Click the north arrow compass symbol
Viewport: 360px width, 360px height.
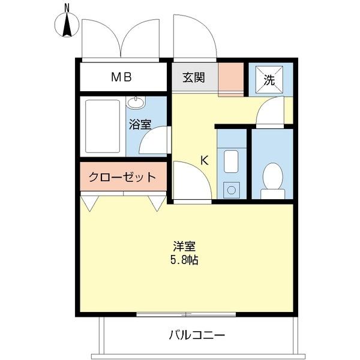click(68, 25)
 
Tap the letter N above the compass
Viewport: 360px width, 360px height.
click(67, 7)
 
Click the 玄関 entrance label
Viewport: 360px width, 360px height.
click(193, 77)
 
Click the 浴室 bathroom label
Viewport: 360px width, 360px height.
click(140, 124)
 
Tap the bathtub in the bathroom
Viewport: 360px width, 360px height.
click(103, 125)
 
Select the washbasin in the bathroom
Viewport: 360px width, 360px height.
click(137, 103)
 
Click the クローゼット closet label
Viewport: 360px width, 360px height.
click(122, 177)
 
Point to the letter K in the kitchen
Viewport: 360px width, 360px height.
click(204, 160)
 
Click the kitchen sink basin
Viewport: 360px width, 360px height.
click(231, 161)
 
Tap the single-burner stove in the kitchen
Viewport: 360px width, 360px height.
click(231, 190)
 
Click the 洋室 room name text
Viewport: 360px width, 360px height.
click(185, 246)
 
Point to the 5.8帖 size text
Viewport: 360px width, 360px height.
click(185, 260)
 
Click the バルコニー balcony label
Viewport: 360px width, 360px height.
click(196, 334)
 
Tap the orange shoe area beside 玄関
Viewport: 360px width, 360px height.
click(230, 77)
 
